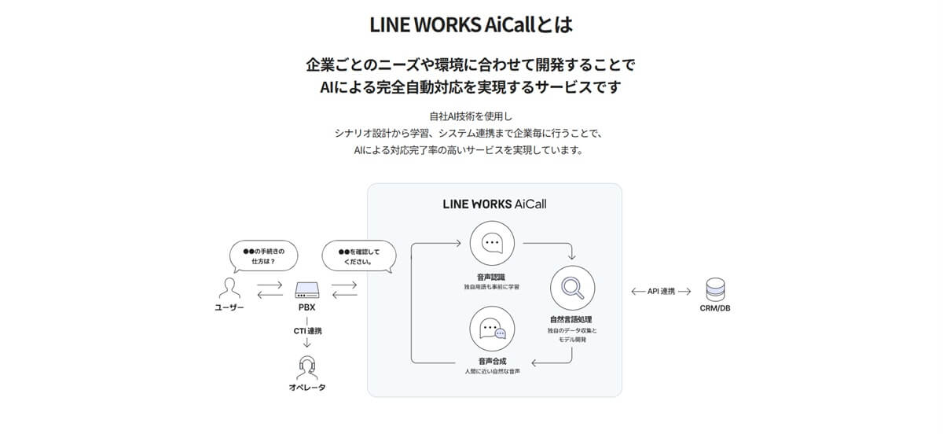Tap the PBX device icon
pos(307,289)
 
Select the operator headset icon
pos(307,367)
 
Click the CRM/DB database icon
pos(715,289)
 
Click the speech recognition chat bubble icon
pos(492,244)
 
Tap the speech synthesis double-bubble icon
pos(492,329)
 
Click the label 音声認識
pos(492,277)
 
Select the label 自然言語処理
pos(573,320)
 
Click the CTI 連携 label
pos(307,331)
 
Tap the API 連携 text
pos(661,291)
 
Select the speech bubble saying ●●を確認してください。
pos(358,256)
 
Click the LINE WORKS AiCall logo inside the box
pos(494,204)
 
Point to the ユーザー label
pos(229,307)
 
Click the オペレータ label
pos(307,388)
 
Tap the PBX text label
pos(307,307)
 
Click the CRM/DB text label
pos(715,309)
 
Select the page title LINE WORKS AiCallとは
pos(471,24)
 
